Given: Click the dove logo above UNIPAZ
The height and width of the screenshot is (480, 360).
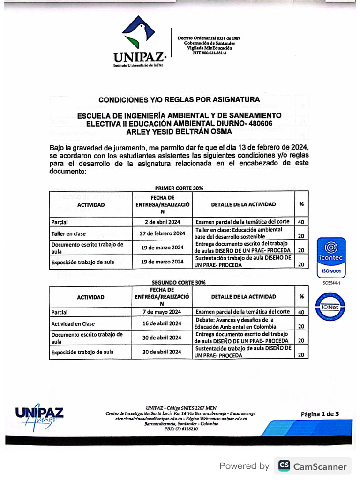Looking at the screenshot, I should click(x=138, y=33).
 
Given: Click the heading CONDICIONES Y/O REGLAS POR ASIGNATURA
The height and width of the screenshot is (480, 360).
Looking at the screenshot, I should click(x=179, y=100).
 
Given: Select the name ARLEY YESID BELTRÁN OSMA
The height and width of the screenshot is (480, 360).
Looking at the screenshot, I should click(x=179, y=131).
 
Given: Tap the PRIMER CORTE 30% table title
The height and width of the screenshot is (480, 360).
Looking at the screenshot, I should click(x=179, y=187).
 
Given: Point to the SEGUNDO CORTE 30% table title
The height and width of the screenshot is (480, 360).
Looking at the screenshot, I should click(x=179, y=283).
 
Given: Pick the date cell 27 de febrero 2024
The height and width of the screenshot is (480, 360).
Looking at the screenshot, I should click(x=162, y=233).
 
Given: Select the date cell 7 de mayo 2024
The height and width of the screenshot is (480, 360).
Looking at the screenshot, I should click(x=162, y=312).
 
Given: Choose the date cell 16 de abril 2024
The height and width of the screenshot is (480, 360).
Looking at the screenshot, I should click(x=162, y=323).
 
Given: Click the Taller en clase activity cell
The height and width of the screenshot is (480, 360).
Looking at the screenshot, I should click(x=69, y=233).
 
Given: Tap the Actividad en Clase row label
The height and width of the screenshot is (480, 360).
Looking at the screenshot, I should click(x=73, y=323).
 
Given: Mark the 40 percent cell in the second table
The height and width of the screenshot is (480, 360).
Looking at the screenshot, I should click(x=301, y=312).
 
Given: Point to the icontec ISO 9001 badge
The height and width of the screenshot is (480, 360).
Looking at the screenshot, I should click(x=331, y=257).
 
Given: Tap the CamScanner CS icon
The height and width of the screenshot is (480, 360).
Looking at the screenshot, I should click(x=284, y=466).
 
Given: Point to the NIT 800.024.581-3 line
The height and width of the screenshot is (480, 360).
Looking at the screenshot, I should click(x=209, y=52).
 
